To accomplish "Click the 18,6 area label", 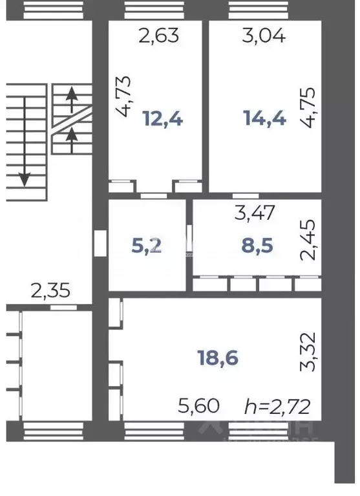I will (x=217, y=358).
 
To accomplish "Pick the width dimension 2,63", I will (x=158, y=36).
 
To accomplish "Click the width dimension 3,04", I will (x=263, y=36).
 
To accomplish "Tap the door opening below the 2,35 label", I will (x=63, y=307).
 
